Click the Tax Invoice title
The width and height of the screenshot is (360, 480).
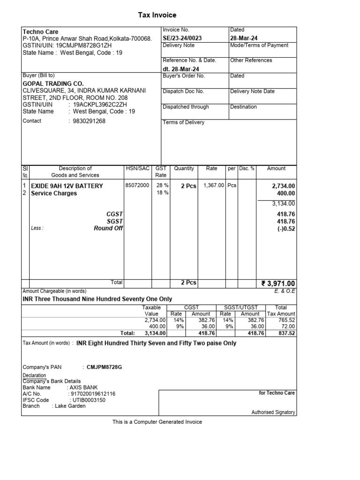pyautogui.click(x=157, y=15)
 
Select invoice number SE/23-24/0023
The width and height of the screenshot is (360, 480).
pyautogui.click(x=185, y=37)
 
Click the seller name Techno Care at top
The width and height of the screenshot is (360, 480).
pyautogui.click(x=41, y=32)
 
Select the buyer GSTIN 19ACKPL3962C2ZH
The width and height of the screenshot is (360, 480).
pyautogui.click(x=94, y=105)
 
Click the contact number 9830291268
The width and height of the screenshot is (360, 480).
pyautogui.click(x=90, y=121)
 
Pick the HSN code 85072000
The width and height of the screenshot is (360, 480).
pyautogui.click(x=137, y=186)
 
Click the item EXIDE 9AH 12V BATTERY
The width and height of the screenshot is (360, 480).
pyautogui.click(x=67, y=186)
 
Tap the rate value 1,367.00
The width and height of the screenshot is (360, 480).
pyautogui.click(x=214, y=186)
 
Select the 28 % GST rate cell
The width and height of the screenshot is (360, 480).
pyautogui.click(x=162, y=186)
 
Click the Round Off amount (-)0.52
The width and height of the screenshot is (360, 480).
pyautogui.click(x=285, y=229)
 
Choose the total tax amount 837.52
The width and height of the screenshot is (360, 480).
pyautogui.click(x=286, y=333)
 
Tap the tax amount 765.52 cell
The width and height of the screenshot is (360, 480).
pyautogui.click(x=286, y=320)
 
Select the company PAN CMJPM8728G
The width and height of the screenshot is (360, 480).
pyautogui.click(x=104, y=367)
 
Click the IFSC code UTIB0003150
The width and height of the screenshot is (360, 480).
pyautogui.click(x=88, y=400)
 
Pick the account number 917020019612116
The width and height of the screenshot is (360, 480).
pyautogui.click(x=91, y=394)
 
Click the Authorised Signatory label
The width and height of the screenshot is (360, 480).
pyautogui.click(x=273, y=412)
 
